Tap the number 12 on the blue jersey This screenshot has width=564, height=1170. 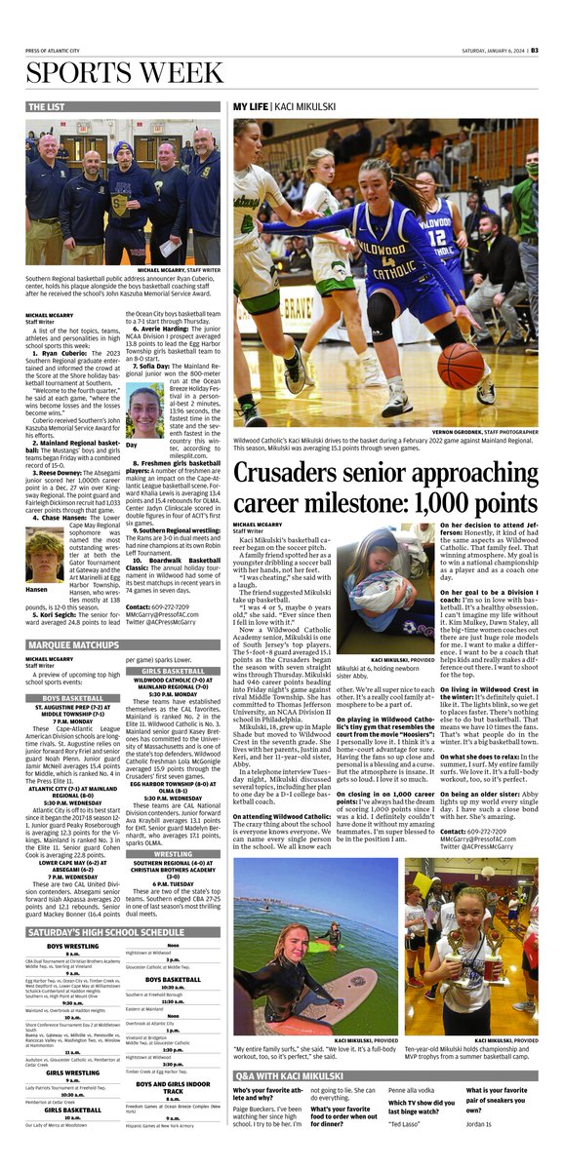click(436, 236)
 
